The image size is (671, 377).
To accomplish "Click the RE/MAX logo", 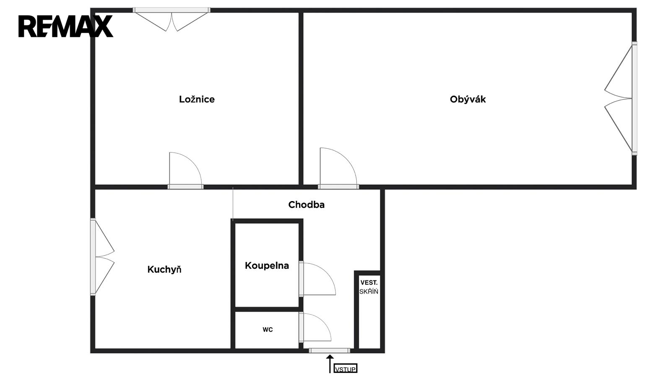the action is [x=65, y=26].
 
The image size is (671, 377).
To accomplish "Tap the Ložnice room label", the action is [x=197, y=99].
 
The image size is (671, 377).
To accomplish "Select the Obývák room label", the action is [x=468, y=99].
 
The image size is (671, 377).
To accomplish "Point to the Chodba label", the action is [x=306, y=205].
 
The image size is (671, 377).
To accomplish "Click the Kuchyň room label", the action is [x=164, y=270].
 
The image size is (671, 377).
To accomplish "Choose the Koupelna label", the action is [x=267, y=266].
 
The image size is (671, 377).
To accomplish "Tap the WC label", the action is [x=268, y=330].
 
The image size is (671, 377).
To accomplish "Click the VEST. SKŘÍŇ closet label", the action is [x=369, y=287].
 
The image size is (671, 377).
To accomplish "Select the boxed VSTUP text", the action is [x=346, y=369].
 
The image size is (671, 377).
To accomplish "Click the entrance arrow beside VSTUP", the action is [x=330, y=364].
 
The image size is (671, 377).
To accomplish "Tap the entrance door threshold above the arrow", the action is [x=330, y=351].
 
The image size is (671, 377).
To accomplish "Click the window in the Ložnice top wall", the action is [x=172, y=10].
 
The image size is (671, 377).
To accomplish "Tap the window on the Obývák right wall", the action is [x=635, y=98].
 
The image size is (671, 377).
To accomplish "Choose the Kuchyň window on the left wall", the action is [x=93, y=257].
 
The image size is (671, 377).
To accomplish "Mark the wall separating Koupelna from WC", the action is [x=267, y=309].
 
